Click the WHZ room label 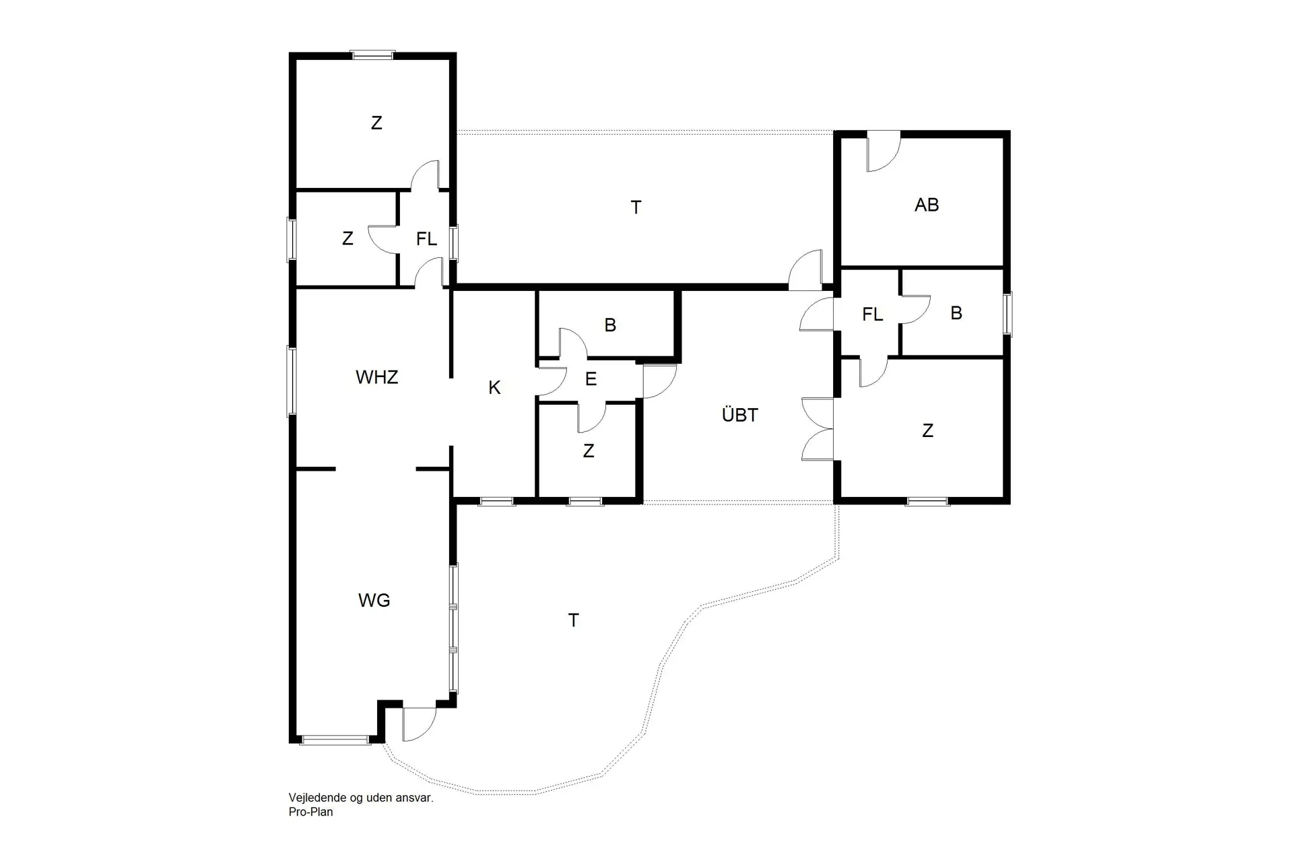click(x=376, y=377)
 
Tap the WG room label click(x=374, y=600)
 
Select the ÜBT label click(x=739, y=415)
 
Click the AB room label click(x=926, y=205)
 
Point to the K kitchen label click(x=494, y=388)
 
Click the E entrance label click(x=591, y=379)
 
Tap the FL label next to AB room click(x=872, y=314)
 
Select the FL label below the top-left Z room click(x=426, y=239)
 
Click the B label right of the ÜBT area click(x=956, y=313)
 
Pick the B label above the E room click(x=610, y=325)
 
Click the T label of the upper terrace click(x=636, y=207)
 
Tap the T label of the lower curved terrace click(x=573, y=620)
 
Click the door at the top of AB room click(x=882, y=153)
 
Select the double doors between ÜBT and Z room click(x=818, y=429)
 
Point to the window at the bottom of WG click(x=335, y=740)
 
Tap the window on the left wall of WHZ click(x=292, y=380)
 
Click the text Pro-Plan click(x=310, y=812)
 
